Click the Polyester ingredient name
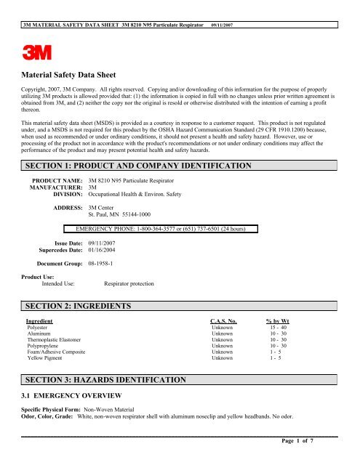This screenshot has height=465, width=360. pos(38,328)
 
